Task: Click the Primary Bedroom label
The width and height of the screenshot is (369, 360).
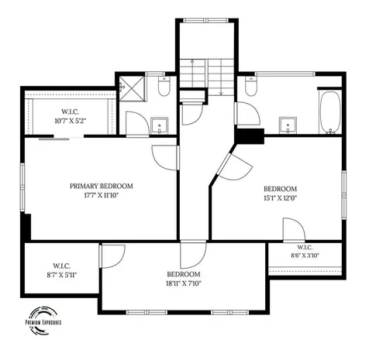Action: pos(102,186)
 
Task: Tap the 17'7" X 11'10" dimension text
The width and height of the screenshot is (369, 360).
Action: pos(102,195)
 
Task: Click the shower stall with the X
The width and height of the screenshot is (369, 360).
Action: pos(133,88)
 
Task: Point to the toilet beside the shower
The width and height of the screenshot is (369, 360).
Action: pos(164,86)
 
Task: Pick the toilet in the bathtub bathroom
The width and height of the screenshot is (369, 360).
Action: pos(250,86)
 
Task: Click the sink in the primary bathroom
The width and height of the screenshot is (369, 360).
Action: pos(160,125)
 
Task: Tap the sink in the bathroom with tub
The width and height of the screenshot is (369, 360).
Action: pos(288,125)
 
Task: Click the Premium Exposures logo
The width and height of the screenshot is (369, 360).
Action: pos(43,321)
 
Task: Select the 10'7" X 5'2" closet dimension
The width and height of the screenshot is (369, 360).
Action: pos(71,121)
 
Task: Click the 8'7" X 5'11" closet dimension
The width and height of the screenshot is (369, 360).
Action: pos(62,275)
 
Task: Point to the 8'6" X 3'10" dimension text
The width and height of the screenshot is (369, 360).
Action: pos(305,255)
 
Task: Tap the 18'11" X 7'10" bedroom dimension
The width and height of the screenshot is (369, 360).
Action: pos(184,283)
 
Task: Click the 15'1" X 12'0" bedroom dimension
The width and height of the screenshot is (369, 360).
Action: pos(281,198)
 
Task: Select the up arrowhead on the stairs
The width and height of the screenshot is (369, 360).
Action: pos(192,61)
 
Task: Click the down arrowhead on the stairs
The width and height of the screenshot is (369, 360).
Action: pos(221,94)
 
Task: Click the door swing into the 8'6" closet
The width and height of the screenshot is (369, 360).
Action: pos(294,230)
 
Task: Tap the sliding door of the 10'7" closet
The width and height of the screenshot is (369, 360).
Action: pos(54,139)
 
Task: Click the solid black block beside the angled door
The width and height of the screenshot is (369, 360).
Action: pos(250,136)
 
